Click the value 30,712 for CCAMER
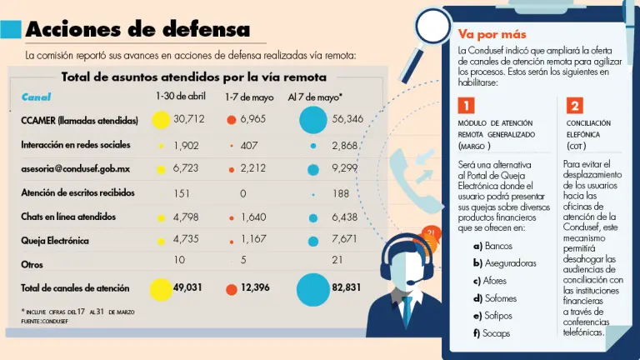[189, 120]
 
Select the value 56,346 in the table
[347, 120]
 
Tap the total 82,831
[347, 287]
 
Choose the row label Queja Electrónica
[55, 240]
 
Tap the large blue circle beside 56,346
[313, 120]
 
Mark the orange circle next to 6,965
[231, 120]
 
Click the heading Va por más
[491, 35]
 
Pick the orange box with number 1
[466, 106]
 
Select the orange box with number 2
[575, 106]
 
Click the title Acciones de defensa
[137, 29]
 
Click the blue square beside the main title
[11, 29]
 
